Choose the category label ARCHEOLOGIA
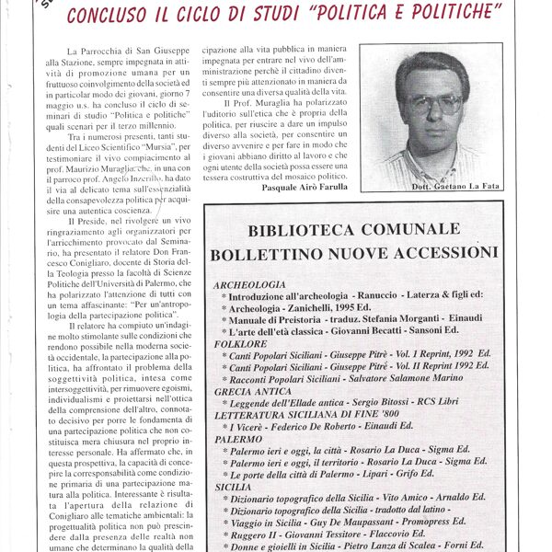(x=250, y=285)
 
